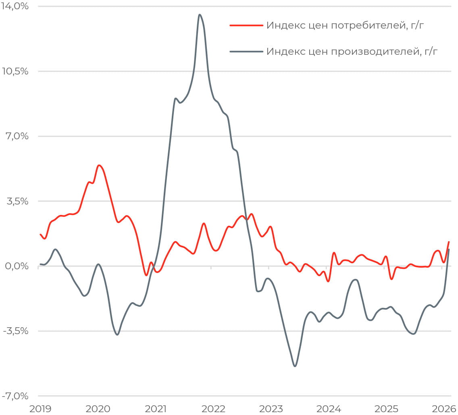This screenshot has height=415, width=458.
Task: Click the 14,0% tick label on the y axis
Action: pos(15,6)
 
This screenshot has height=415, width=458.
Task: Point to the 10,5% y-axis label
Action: pos(15,71)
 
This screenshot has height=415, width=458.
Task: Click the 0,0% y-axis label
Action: pos(16,266)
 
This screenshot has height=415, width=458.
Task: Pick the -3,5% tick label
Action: pos(15,331)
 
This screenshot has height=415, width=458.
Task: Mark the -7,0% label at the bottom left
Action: pos(15,396)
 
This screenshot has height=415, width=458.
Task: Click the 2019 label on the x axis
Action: pos(41,409)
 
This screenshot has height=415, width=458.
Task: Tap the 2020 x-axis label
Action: pos(98,409)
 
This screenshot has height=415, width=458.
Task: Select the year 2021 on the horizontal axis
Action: pos(156,409)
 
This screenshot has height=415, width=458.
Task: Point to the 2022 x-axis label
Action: pos(213,409)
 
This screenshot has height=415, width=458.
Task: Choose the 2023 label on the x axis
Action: pos(271,409)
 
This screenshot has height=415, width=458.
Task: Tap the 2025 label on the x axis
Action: pos(386,409)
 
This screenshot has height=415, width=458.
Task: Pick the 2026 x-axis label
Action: pos(444,409)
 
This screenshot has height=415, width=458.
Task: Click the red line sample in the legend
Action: pos(246,25)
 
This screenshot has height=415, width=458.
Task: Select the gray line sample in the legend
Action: pos(246,52)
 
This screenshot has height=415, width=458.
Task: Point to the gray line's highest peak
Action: pos(200,15)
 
